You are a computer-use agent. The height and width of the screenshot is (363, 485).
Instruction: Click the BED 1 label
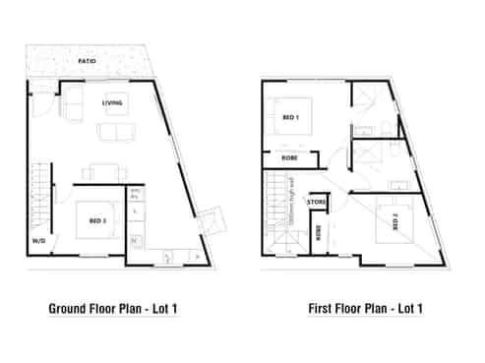(x=290, y=117)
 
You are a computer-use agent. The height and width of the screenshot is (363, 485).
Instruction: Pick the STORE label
(x=317, y=203)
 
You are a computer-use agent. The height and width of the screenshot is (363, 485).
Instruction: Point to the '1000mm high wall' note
(x=297, y=210)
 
